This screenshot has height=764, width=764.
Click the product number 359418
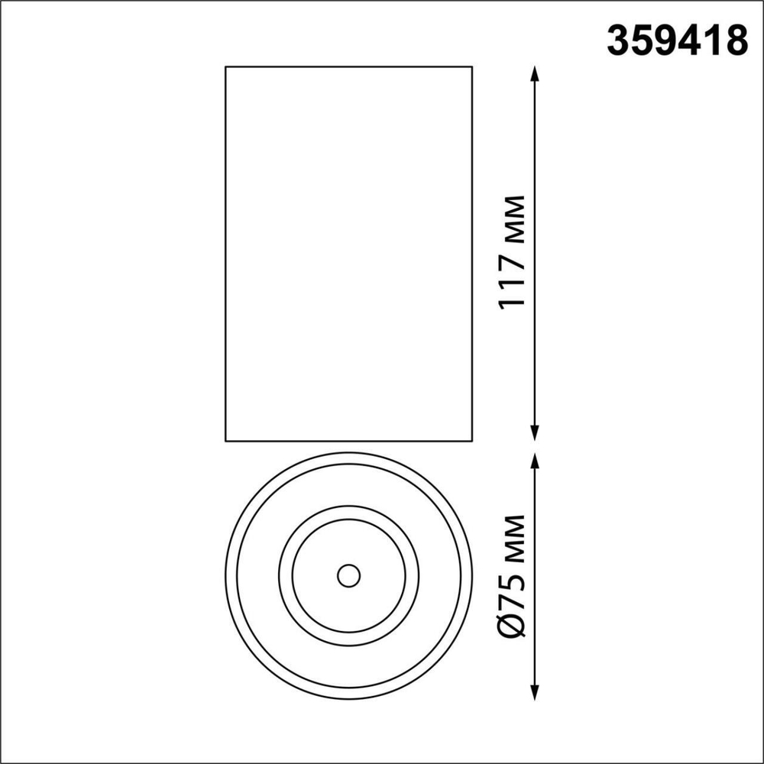pos(676,40)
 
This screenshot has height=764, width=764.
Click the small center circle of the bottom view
pos(349,575)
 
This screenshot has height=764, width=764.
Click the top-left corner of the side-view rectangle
pos(225,67)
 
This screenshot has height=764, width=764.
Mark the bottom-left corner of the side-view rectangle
pos(225,441)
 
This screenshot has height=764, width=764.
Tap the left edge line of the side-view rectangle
pos(225,252)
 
